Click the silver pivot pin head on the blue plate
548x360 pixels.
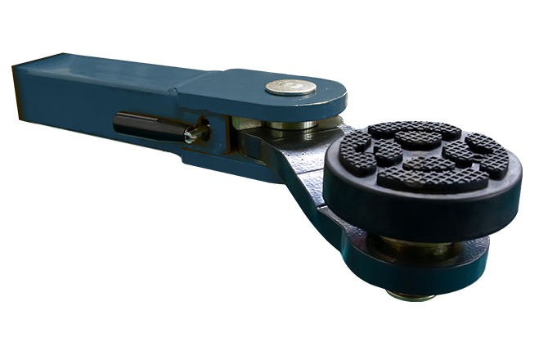291,87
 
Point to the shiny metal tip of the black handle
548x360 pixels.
193,133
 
